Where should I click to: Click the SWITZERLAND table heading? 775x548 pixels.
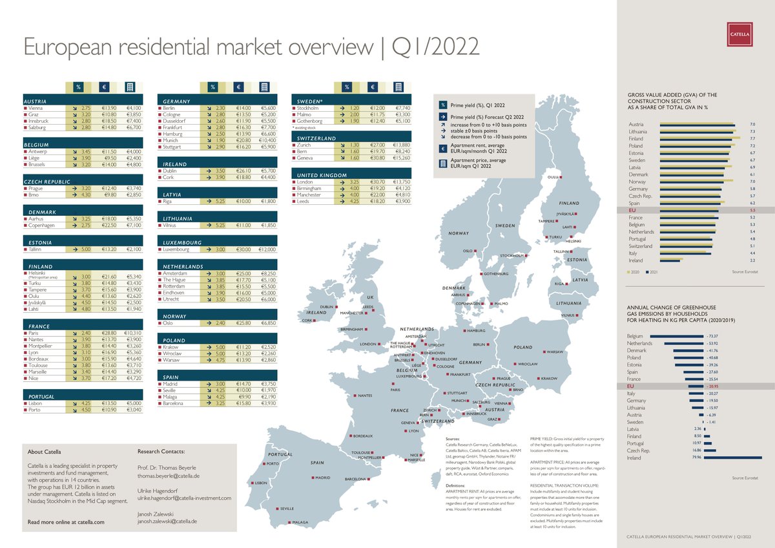click(x=317, y=138)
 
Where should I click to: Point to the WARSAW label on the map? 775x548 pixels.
click(x=555, y=352)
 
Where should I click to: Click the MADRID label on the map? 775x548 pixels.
click(x=322, y=478)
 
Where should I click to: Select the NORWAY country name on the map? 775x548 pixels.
click(x=459, y=233)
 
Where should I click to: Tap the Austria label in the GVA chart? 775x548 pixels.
click(x=635, y=124)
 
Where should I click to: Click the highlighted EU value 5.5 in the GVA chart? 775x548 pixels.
click(x=752, y=211)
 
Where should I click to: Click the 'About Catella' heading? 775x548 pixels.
click(x=45, y=451)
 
